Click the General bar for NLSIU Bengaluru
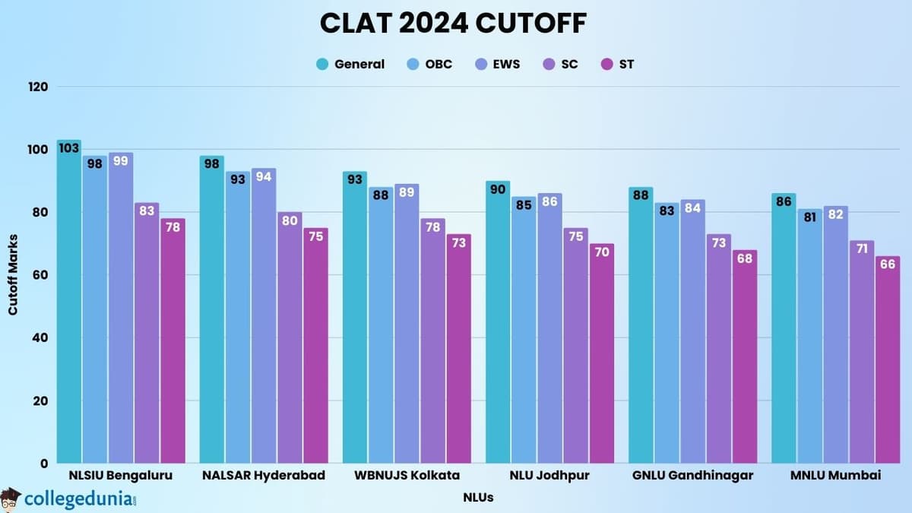pos(68,304)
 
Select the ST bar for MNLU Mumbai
pos(887,361)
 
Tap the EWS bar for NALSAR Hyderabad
pos(263,319)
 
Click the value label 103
pos(68,148)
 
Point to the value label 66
pos(887,264)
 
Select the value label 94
pos(263,177)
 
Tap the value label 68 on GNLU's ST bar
pos(744,258)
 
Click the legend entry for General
pos(350,64)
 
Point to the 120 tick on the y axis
pos(39,87)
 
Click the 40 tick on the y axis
pos(39,337)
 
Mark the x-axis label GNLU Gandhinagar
pos(692,476)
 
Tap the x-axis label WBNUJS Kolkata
pos(407,476)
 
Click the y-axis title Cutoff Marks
pos(13,274)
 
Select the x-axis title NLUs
pos(478,498)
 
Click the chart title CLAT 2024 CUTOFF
pos(453,23)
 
